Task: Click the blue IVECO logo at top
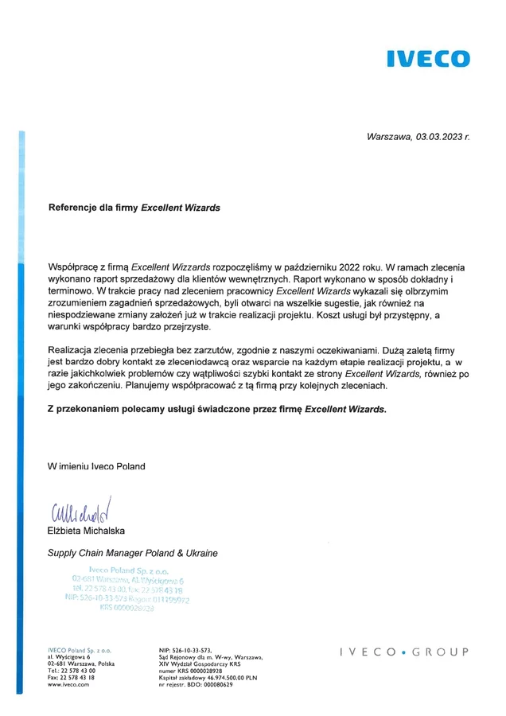(x=427, y=58)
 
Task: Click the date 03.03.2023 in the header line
(x=438, y=136)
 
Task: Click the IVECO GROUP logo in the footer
(x=403, y=652)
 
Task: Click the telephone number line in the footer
(x=72, y=670)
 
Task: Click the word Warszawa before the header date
(x=389, y=136)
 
